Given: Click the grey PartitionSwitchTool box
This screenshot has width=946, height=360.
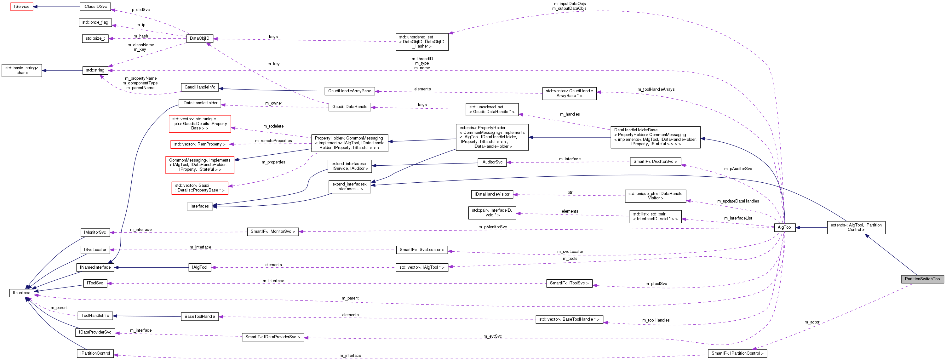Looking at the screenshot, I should tap(922, 279).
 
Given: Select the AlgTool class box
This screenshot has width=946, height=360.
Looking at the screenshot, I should tap(784, 227).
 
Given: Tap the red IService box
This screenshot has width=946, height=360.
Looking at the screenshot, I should tap(22, 7).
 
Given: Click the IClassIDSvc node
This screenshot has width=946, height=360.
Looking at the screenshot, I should tap(95, 7).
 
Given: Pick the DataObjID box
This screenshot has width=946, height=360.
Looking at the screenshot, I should tap(199, 38).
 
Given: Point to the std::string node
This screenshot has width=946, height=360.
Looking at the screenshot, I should tap(95, 70).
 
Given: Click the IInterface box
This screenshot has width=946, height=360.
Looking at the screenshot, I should tap(22, 293).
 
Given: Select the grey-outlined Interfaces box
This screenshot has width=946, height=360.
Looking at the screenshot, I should tap(199, 206).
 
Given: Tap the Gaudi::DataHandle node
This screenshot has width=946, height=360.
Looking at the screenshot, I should tap(350, 107).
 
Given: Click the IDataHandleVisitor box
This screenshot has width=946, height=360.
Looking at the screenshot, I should tap(492, 194).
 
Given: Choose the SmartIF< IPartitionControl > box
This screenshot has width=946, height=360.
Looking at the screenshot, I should tap(737, 353).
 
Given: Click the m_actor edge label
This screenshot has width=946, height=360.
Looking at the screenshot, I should tap(811, 322).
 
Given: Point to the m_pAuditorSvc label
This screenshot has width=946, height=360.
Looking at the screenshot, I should tap(738, 169).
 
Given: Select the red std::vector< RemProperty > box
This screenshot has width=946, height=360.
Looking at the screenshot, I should tap(199, 144).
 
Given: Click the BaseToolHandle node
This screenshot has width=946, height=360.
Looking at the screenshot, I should tap(199, 316).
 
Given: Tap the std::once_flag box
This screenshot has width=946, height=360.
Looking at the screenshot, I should tap(95, 22).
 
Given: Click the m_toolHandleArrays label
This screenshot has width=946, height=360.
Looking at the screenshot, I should tap(656, 89).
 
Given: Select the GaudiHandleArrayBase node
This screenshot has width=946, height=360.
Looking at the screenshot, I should tap(349, 91).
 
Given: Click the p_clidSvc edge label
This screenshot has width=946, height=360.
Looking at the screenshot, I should tap(140, 9).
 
